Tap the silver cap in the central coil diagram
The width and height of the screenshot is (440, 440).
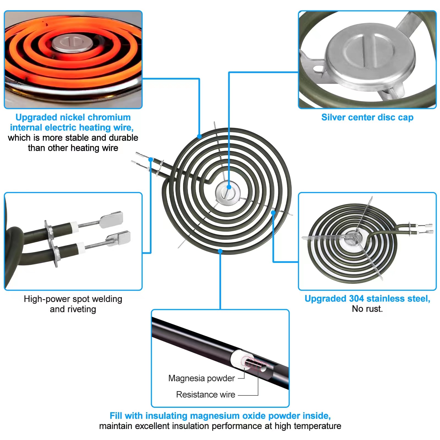click(x=227, y=193)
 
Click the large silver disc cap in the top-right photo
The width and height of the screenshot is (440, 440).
click(x=370, y=53)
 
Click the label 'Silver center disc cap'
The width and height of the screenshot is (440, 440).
click(x=367, y=117)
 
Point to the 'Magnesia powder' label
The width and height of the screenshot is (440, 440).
click(x=202, y=378)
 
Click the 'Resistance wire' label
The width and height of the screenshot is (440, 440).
click(x=206, y=395)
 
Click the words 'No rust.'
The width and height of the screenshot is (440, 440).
click(x=367, y=309)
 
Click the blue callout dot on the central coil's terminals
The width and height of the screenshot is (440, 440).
click(x=151, y=159)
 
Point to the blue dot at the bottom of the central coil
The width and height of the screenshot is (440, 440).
click(x=220, y=251)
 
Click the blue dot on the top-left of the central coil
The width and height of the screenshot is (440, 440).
click(x=199, y=136)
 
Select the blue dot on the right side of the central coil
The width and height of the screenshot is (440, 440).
click(x=273, y=213)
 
